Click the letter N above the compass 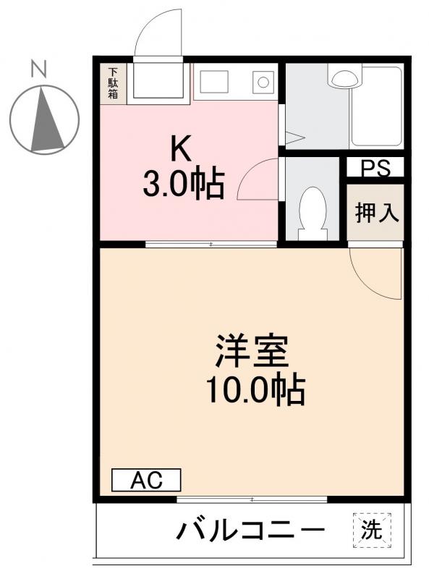tap(39, 69)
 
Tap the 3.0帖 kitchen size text tap(183, 185)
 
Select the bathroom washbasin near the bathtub tap(344, 75)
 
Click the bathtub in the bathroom tap(375, 109)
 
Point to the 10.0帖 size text tap(255, 391)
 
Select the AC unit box tap(146, 480)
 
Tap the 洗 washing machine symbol tap(372, 530)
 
